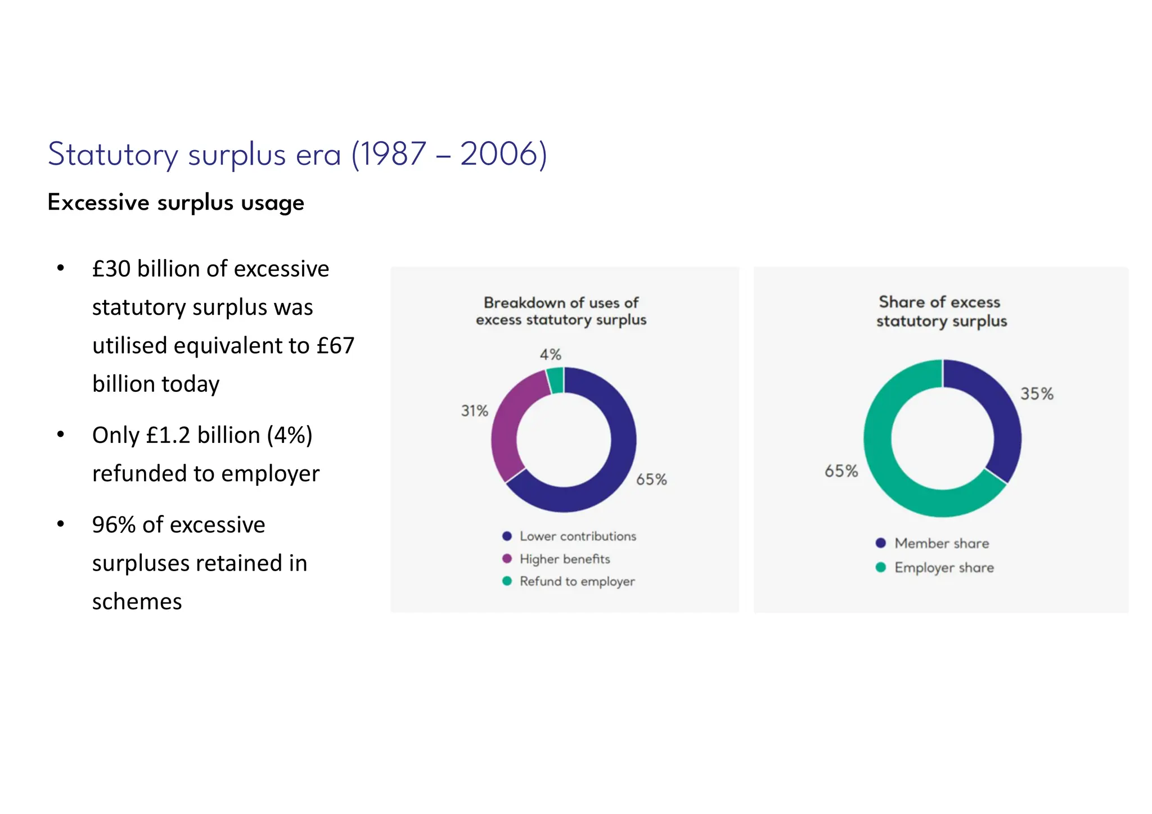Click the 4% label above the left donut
550,355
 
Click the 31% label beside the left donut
474,411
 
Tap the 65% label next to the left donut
651,480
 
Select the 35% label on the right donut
1036,394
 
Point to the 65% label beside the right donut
841,471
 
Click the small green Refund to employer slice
555,380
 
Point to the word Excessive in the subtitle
98,202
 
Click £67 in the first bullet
335,346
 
